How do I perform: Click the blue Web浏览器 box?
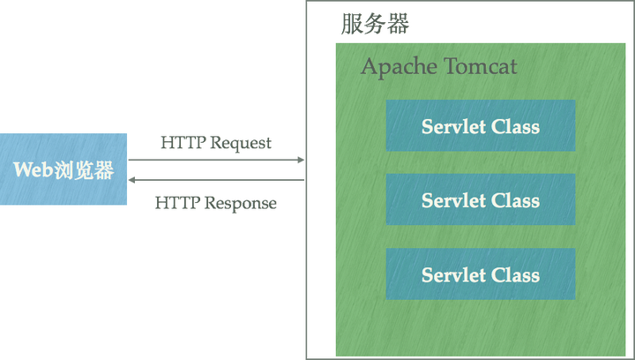(63, 169)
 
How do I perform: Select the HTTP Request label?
(215, 142)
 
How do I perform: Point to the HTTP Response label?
(215, 203)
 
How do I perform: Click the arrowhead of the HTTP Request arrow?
(300, 161)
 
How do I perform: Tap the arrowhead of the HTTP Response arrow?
(132, 180)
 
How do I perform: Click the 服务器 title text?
(374, 24)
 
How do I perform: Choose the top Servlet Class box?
(480, 126)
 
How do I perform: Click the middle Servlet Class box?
(480, 200)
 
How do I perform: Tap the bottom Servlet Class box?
(480, 274)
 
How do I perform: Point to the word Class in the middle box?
(516, 200)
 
